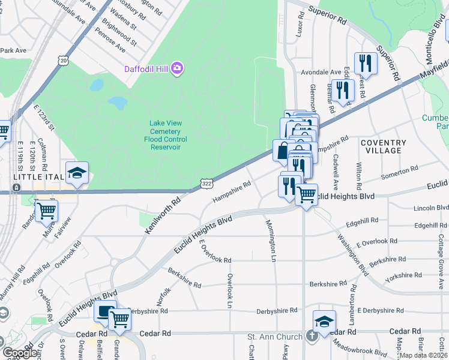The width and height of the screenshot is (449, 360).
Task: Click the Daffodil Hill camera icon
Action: point(177,68)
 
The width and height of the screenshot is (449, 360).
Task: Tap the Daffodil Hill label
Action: point(146,68)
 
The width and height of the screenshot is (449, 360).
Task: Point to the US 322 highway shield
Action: point(206,182)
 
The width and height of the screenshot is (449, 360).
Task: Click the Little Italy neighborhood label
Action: point(34,176)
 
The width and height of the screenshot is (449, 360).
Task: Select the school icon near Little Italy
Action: point(77,173)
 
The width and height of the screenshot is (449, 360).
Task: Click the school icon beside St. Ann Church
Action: point(324,320)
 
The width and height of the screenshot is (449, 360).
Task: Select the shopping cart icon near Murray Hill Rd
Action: point(46,211)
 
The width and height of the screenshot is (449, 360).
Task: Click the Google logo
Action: point(20,353)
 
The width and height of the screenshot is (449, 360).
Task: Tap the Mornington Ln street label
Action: point(270,239)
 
